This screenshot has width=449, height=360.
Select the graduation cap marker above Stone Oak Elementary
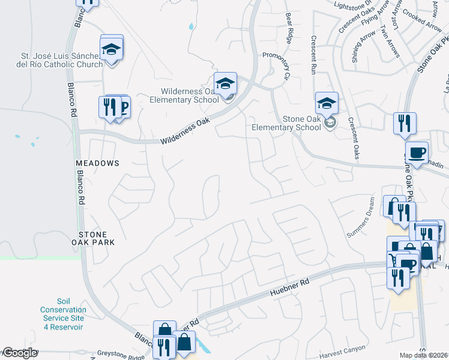click(327, 103)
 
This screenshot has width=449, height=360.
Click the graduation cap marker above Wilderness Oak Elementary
click(225, 83)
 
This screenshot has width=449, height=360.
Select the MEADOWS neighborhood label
click(97, 163)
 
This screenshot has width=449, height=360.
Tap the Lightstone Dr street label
click(353, 6)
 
